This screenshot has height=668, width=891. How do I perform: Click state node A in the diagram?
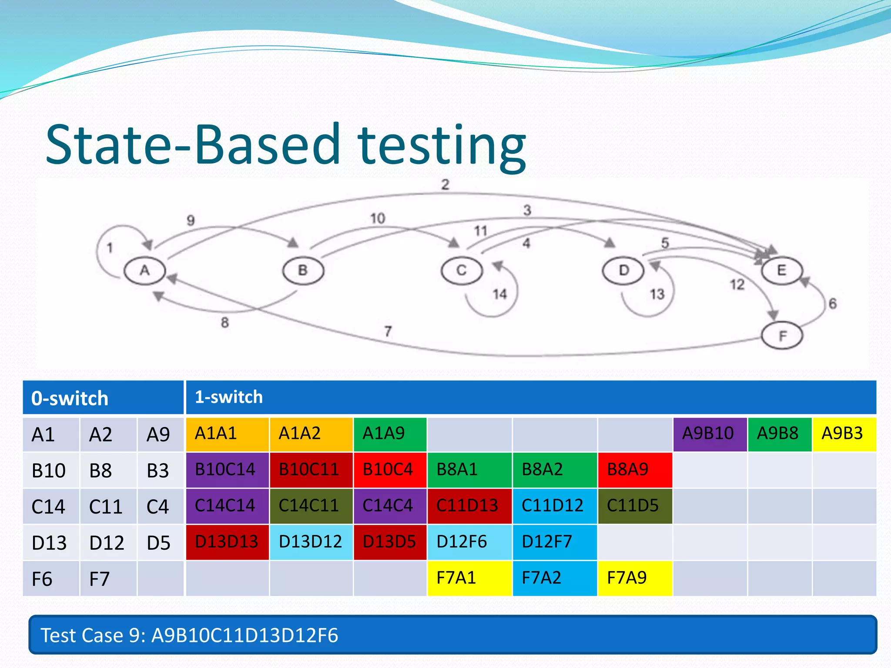click(144, 271)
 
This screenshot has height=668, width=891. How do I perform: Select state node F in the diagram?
click(782, 336)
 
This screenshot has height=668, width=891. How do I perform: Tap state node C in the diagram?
click(462, 271)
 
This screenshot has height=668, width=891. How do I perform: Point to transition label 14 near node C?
click(499, 294)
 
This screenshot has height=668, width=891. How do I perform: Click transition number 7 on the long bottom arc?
click(388, 331)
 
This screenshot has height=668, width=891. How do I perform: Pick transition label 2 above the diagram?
click(445, 184)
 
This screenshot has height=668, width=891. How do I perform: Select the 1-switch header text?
click(228, 397)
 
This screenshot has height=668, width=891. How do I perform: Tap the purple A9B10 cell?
click(709, 434)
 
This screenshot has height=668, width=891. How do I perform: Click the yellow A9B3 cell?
click(843, 434)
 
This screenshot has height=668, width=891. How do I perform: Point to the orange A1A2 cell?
click(310, 434)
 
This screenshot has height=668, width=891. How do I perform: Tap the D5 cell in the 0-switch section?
click(159, 543)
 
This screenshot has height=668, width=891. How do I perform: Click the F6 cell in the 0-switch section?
click(42, 579)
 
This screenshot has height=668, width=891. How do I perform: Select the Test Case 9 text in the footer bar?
click(189, 635)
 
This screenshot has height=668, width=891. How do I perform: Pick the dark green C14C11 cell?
click(310, 506)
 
